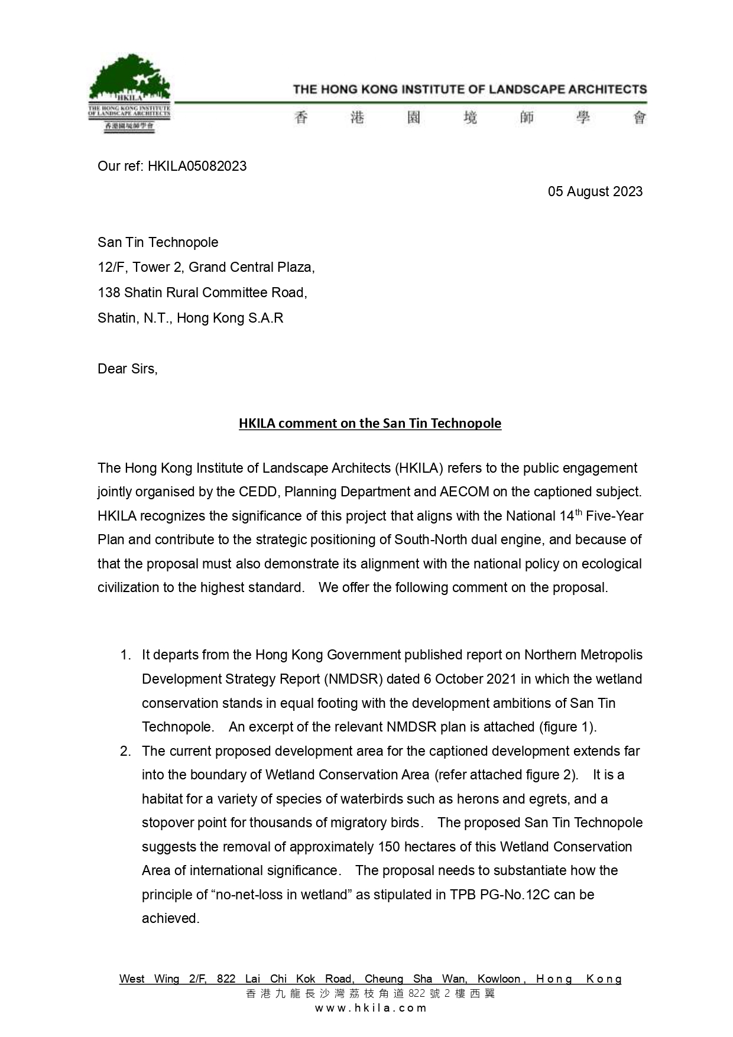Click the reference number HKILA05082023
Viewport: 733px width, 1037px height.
pyautogui.click(x=197, y=166)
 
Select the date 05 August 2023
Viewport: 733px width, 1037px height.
pyautogui.click(x=595, y=191)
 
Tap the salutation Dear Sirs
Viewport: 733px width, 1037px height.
pyautogui.click(x=127, y=369)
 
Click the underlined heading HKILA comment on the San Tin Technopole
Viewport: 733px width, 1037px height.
pyautogui.click(x=370, y=423)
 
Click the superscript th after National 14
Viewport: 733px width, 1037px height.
pyautogui.click(x=579, y=512)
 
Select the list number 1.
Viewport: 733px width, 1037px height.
pyautogui.click(x=125, y=655)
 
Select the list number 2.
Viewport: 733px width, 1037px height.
pyautogui.click(x=125, y=751)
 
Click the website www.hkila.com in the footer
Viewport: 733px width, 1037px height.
pyautogui.click(x=370, y=1008)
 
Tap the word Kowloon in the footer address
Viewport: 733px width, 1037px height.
pyautogui.click(x=499, y=979)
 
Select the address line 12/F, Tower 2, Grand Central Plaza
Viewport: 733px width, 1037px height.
pyautogui.click(x=206, y=267)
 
